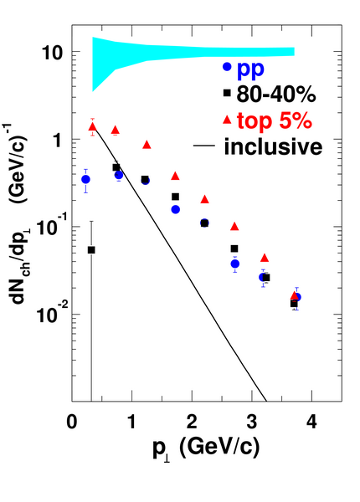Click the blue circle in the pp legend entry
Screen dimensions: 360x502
click(227, 67)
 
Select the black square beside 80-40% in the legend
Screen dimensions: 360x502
click(227, 93)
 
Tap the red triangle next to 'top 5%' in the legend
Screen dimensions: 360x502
click(227, 120)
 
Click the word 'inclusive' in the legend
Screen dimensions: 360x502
click(273, 146)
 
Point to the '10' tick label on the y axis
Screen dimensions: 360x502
click(52, 53)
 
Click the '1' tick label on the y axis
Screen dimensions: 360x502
click(57, 140)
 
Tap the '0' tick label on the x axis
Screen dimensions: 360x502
click(72, 422)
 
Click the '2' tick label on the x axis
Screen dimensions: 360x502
click(192, 422)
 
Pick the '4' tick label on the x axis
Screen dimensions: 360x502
click(311, 422)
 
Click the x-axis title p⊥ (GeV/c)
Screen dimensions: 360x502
click(206, 448)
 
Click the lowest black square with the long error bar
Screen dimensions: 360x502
click(91, 250)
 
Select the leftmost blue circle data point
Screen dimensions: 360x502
click(85, 180)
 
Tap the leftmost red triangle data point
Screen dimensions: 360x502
click(93, 127)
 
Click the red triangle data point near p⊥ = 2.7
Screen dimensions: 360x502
click(234, 227)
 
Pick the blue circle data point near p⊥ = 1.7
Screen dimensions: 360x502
click(175, 210)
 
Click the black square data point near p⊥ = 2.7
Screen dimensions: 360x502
click(234, 248)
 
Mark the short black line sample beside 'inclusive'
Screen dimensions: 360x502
click(204, 146)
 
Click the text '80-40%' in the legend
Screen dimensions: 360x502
click(275, 95)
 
